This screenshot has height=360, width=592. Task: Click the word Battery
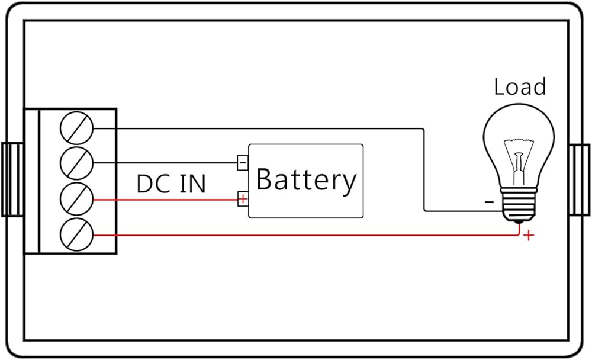pos(306,180)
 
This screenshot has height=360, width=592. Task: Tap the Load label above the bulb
pos(519,87)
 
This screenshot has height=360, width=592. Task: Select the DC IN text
pos(171,184)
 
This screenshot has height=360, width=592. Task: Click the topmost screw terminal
pos(77,128)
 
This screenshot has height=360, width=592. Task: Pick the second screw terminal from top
pos(77,163)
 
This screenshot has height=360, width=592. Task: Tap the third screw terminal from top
pos(77,200)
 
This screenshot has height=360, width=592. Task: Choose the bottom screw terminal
pos(77,235)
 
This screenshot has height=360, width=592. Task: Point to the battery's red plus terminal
pos(242,199)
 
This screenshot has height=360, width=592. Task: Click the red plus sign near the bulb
pos(528,236)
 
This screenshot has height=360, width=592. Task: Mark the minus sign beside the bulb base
pos(489,202)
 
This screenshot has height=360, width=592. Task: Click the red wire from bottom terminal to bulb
pos(296,236)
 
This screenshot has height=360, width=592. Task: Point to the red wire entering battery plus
pos(166,200)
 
